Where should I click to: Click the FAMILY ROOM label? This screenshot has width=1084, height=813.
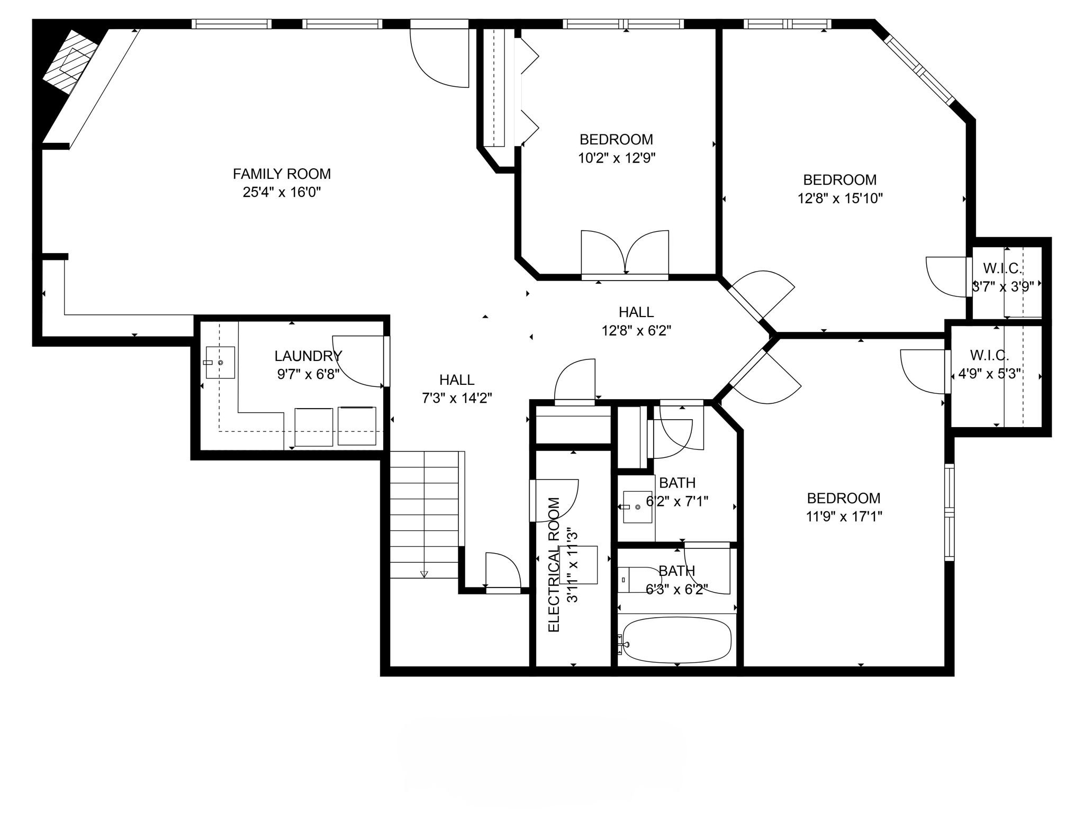tap(282, 174)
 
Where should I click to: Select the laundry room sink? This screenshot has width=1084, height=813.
tap(220, 363)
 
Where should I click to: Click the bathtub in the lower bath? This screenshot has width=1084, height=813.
tap(676, 639)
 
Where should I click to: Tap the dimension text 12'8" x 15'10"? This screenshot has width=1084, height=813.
tap(840, 198)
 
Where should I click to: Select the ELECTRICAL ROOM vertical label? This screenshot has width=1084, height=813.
tap(554, 564)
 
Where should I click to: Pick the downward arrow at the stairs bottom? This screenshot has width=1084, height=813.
tap(424, 574)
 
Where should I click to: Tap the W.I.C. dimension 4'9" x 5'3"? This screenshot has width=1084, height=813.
tap(989, 374)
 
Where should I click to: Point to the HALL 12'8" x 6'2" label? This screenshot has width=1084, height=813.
tap(636, 312)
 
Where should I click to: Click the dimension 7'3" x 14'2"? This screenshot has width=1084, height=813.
tap(457, 398)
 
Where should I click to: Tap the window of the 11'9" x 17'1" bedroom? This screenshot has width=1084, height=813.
tap(950, 512)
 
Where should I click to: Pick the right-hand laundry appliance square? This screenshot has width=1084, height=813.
tap(357, 426)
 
